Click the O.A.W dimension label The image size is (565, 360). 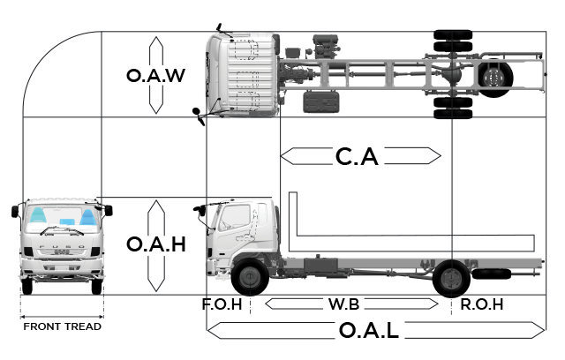155,76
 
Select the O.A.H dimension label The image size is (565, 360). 155,245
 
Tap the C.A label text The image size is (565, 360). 357,157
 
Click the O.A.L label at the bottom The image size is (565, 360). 369,331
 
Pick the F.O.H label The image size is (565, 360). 222,304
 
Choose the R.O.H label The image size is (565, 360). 481,304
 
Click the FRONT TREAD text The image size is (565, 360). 62,326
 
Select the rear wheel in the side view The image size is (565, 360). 451,278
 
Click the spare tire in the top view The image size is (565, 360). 494,79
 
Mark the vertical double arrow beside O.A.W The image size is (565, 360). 156,76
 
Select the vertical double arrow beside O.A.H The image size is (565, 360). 156,245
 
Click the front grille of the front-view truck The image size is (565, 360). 62,251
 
